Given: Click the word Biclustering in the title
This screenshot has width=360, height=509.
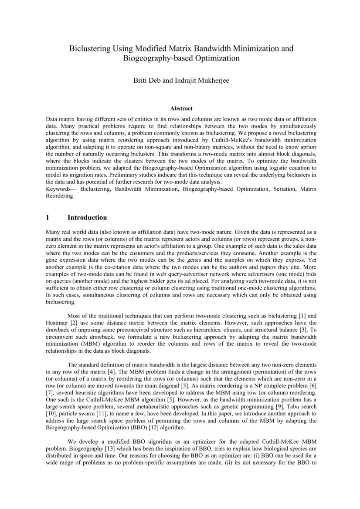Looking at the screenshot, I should (90, 49).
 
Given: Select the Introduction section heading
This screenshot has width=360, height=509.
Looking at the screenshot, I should (87, 217).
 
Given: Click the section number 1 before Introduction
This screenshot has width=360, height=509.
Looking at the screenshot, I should (48, 217).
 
